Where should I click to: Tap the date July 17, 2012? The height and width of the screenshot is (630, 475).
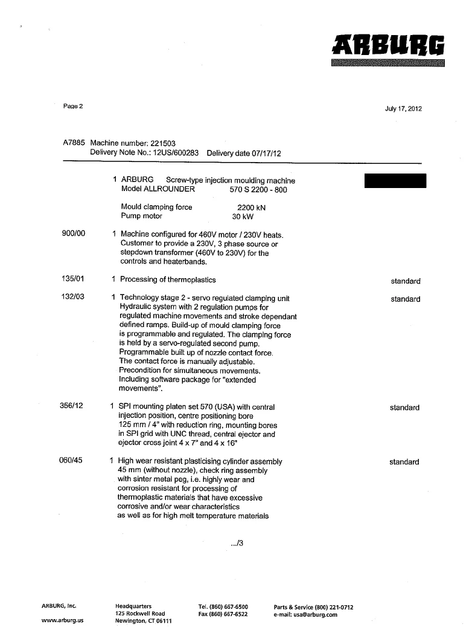coord(403,109)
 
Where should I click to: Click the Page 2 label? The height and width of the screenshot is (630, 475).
coord(73,106)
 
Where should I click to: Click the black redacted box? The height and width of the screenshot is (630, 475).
coord(395,181)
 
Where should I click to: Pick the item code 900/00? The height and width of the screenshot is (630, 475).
coord(74,234)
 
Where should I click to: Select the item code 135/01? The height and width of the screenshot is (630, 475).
coord(74,279)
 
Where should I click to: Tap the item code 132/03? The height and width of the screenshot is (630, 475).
coord(74,297)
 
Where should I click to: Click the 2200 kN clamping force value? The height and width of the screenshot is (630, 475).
coord(251,207)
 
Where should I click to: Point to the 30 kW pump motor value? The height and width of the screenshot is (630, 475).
coord(241,216)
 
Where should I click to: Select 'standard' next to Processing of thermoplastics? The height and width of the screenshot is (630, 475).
coord(405,281)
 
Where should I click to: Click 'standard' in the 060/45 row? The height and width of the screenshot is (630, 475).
coord(404,462)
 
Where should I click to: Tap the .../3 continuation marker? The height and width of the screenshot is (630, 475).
coord(237,544)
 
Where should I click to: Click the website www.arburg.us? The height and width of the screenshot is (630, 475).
coord(62,621)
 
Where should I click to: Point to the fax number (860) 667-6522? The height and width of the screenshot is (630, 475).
coord(223,614)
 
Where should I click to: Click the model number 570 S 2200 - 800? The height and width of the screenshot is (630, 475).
coord(258,189)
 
